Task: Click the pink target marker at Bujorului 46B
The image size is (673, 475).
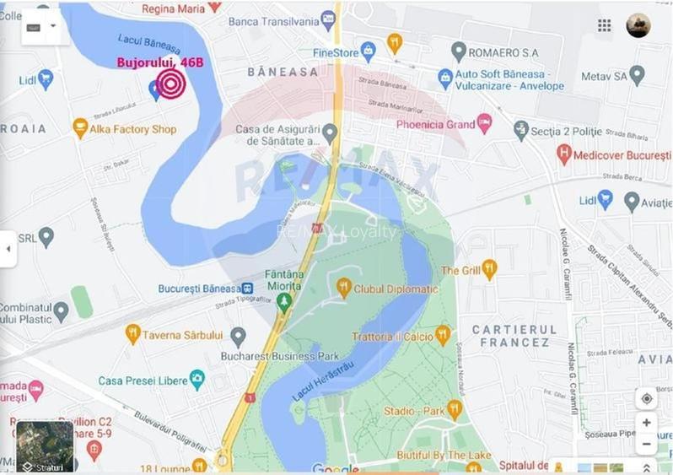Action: click(x=170, y=84)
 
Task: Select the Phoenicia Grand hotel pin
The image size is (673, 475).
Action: click(x=484, y=124)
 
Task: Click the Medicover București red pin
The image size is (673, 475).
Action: click(x=564, y=154)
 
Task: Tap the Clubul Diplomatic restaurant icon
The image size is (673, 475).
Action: click(x=343, y=289)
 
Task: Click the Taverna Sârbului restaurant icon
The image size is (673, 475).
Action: click(x=132, y=334)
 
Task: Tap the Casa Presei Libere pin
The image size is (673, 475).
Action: click(x=197, y=381)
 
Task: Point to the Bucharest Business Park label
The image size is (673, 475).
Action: click(x=267, y=356)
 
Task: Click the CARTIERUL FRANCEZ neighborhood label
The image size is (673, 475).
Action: click(x=514, y=335)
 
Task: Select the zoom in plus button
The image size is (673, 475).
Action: click(x=646, y=423)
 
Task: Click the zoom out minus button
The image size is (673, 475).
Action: click(x=646, y=443)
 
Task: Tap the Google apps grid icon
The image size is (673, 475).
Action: click(x=605, y=25)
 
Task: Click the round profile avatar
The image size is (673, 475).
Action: click(x=638, y=25)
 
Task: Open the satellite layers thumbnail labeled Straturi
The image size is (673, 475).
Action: click(x=45, y=445)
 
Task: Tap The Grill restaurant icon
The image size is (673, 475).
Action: click(x=489, y=271)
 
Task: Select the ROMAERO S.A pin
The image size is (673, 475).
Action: click(x=459, y=52)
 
